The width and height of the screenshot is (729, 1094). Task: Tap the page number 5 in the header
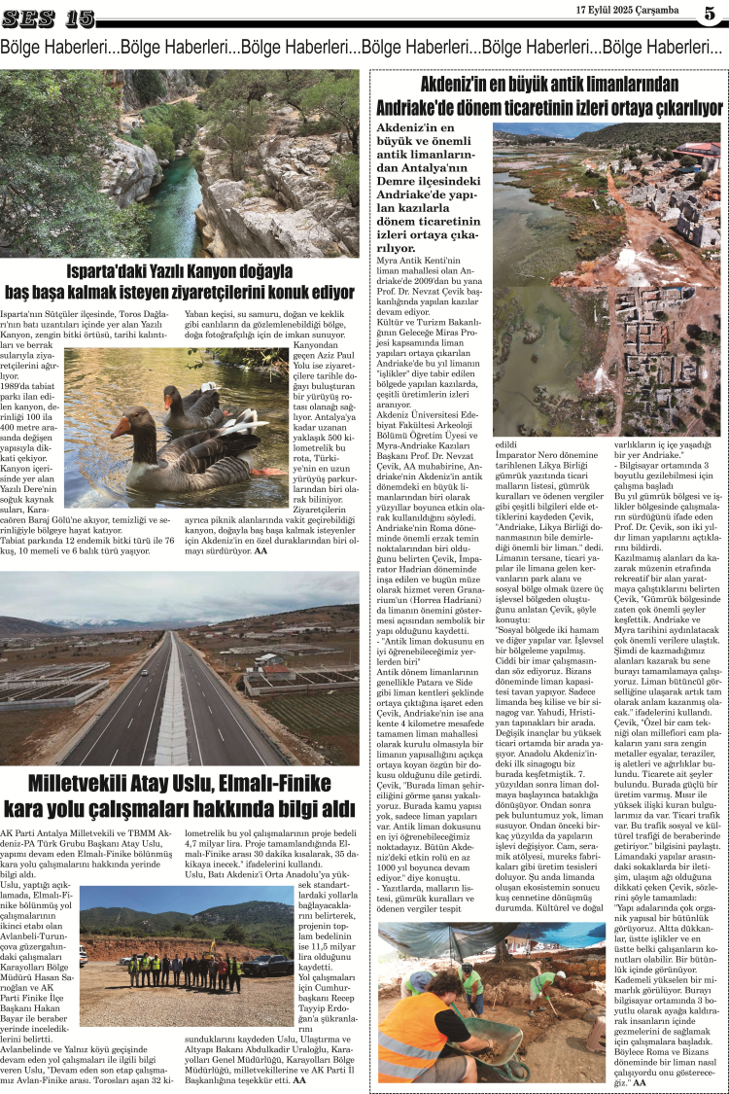click(x=709, y=15)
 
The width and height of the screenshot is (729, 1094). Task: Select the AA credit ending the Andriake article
click(x=640, y=1083)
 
